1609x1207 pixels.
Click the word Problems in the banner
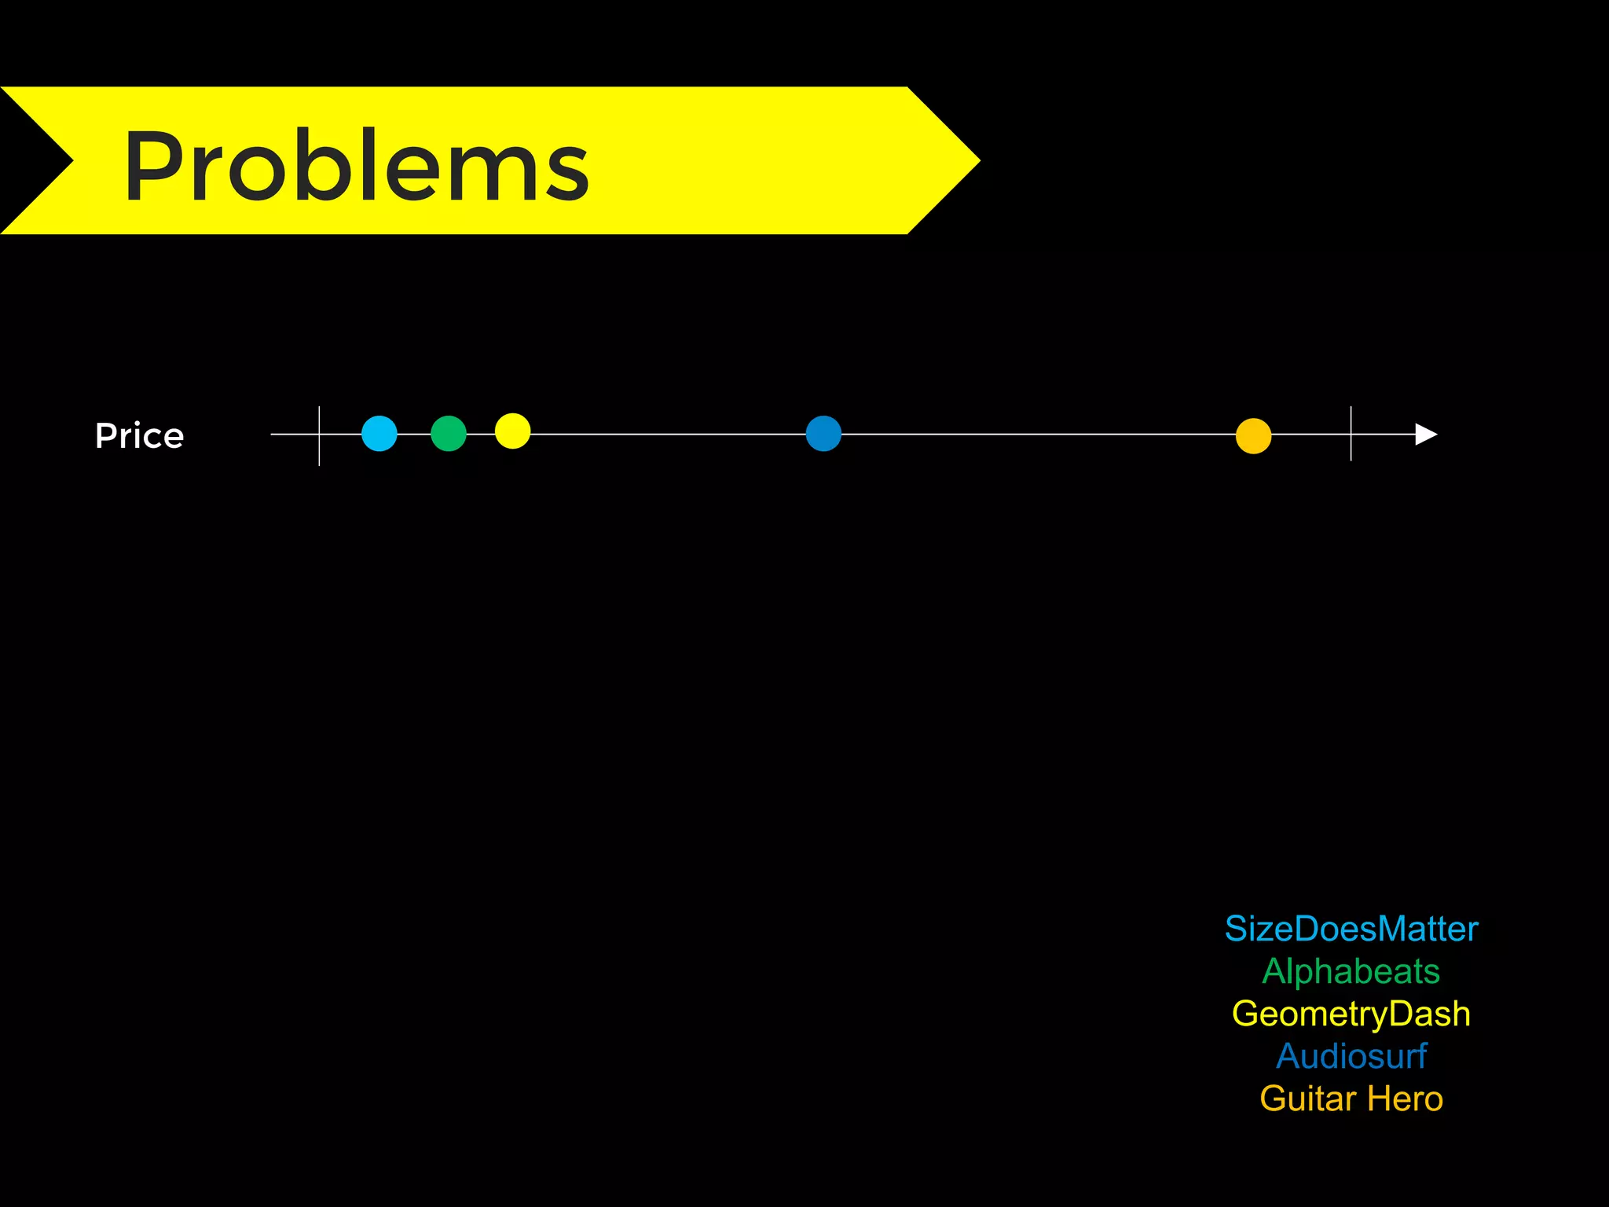coord(356,166)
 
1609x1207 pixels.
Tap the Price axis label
coord(139,435)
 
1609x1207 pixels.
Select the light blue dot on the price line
coord(379,434)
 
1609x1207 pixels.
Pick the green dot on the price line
coord(449,434)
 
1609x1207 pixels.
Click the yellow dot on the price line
coord(513,431)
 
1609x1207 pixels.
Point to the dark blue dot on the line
coord(823,434)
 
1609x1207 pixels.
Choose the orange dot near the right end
coord(1253,436)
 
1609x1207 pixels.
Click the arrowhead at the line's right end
coord(1425,434)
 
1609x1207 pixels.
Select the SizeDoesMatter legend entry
coord(1351,929)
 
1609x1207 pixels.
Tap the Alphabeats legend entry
coord(1351,971)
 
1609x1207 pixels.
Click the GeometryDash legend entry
coord(1351,1014)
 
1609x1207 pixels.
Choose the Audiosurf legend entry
coord(1351,1056)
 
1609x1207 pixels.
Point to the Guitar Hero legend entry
coord(1351,1099)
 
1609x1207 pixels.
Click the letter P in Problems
coord(152,166)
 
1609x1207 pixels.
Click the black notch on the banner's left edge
coord(31,160)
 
